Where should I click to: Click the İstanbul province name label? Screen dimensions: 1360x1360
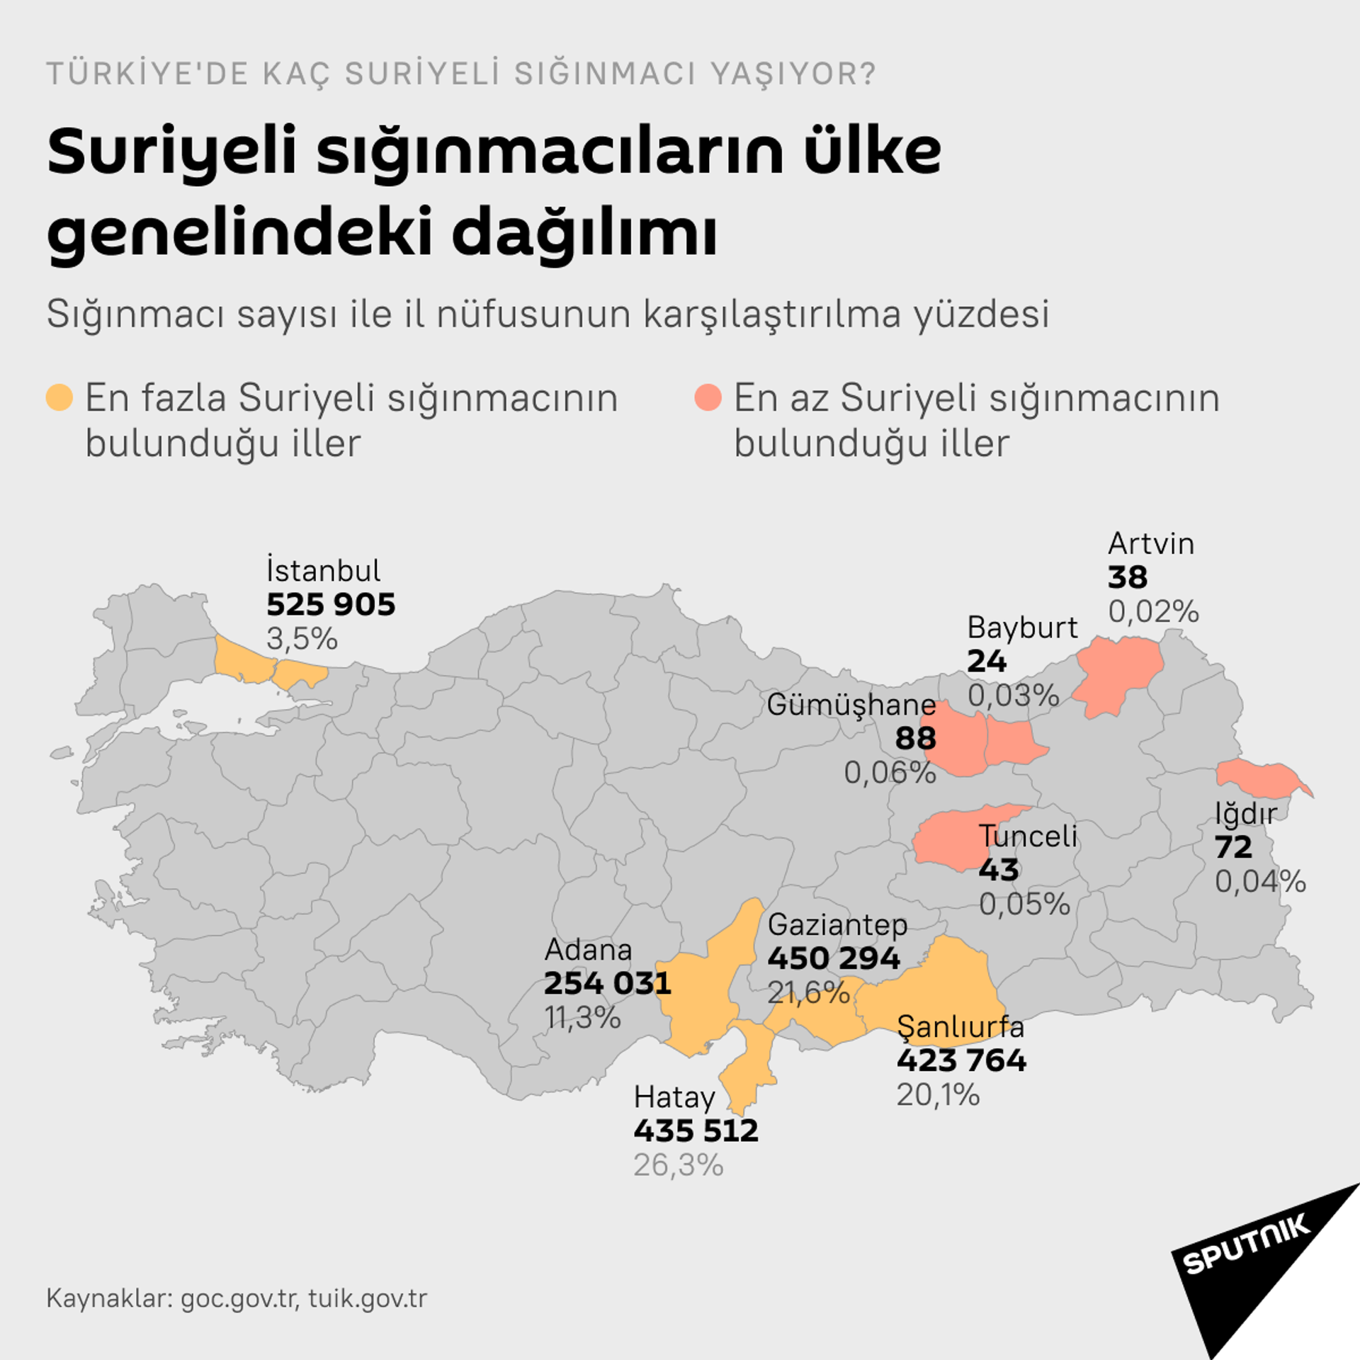pyautogui.click(x=323, y=571)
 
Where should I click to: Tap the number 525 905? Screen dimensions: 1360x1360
pyautogui.click(x=331, y=605)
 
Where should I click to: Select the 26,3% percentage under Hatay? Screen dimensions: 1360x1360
pyautogui.click(x=678, y=1165)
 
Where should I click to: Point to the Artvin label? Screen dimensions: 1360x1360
pyautogui.click(x=1151, y=544)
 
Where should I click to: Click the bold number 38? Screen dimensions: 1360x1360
pyautogui.click(x=1128, y=577)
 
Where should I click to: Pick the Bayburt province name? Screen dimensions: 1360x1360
pyautogui.click(x=1022, y=628)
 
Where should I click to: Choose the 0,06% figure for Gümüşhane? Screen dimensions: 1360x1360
pyautogui.click(x=890, y=773)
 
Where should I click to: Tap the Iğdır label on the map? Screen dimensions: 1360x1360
pyautogui.click(x=1246, y=814)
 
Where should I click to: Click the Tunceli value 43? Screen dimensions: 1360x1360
pyautogui.click(x=999, y=870)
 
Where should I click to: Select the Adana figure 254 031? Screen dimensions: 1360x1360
pyautogui.click(x=607, y=983)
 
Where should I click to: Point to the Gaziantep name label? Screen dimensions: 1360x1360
pyautogui.click(x=837, y=924)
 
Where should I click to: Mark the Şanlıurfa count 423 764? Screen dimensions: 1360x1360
pyautogui.click(x=961, y=1060)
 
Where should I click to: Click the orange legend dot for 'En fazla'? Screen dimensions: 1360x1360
pyautogui.click(x=59, y=397)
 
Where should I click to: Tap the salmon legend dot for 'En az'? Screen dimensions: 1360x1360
pyautogui.click(x=708, y=397)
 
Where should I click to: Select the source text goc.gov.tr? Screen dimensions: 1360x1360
pyautogui.click(x=238, y=1298)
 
